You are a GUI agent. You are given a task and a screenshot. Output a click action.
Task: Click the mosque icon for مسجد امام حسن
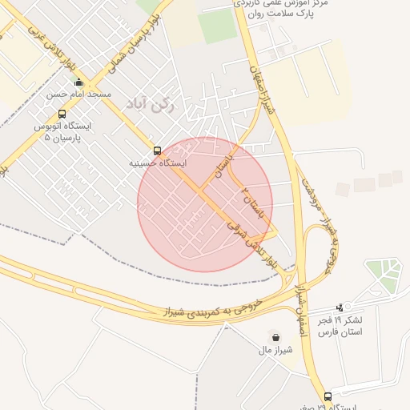tap(78, 82)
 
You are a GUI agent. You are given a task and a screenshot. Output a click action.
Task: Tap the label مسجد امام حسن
tap(78, 95)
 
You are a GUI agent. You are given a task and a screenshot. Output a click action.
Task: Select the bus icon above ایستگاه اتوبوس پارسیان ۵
tap(62, 113)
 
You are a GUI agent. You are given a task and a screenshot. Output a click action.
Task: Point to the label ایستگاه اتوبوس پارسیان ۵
tap(62, 131)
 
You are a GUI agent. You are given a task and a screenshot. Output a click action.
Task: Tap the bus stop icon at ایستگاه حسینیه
tap(156, 150)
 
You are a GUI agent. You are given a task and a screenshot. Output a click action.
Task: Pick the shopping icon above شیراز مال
tap(276, 337)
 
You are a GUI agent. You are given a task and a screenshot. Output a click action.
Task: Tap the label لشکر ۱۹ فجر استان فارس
tap(346, 326)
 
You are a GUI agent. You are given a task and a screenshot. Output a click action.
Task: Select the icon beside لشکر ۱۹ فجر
tap(340, 307)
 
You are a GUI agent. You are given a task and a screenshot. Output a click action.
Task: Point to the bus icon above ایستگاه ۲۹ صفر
tap(328, 396)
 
